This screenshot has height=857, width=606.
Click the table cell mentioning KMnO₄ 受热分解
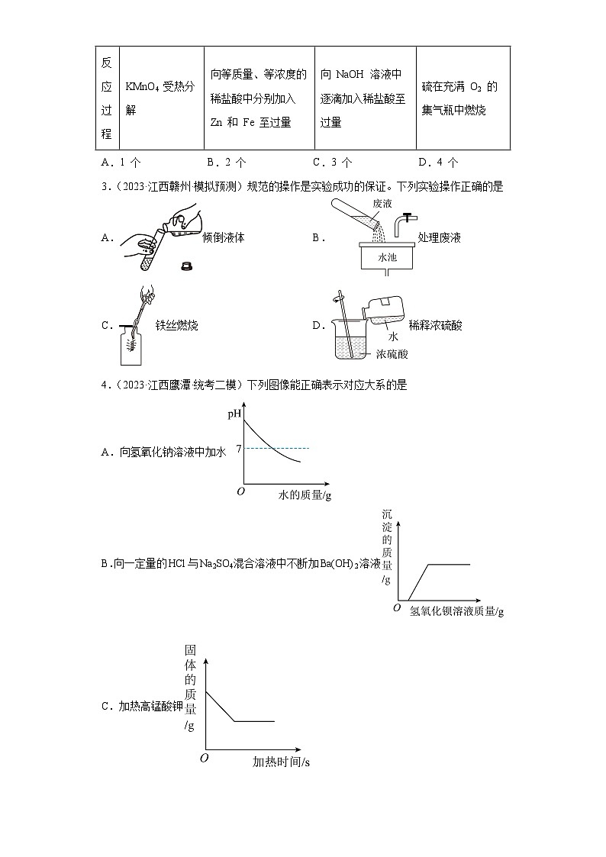(162, 98)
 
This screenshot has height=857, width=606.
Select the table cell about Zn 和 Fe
(259, 98)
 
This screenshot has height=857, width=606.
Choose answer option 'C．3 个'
(332, 162)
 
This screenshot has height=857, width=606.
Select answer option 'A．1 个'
(121, 162)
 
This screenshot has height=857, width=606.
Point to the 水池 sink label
(388, 257)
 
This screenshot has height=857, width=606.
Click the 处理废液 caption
(440, 237)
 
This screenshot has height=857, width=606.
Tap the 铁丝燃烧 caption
(176, 326)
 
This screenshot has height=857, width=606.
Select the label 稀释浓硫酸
(435, 326)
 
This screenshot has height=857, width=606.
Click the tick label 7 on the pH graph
(239, 448)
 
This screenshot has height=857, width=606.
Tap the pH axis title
(234, 414)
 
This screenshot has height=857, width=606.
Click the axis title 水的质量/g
(305, 495)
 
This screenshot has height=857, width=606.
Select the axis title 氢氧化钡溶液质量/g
(456, 611)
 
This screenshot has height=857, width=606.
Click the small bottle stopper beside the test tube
(185, 266)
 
